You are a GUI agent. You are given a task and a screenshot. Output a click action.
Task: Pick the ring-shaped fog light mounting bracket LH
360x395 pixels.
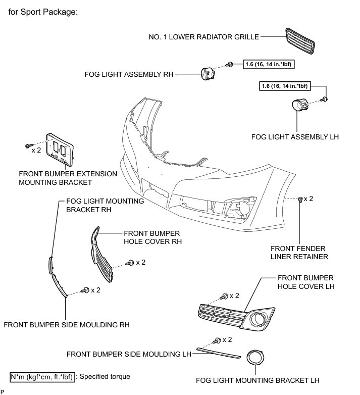257,360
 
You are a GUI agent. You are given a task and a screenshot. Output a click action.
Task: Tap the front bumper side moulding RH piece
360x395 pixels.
59,285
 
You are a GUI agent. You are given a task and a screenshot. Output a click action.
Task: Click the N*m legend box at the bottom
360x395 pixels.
43,376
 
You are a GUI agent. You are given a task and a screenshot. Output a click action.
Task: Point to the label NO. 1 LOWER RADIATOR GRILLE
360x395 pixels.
203,37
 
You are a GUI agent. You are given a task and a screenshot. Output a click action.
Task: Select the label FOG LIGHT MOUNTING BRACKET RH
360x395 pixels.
105,205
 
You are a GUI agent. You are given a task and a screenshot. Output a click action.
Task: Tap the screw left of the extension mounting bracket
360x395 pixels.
29,146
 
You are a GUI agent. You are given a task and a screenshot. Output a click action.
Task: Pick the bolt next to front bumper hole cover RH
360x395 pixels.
130,263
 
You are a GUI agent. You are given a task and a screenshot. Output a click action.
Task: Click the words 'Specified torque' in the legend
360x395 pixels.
105,376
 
